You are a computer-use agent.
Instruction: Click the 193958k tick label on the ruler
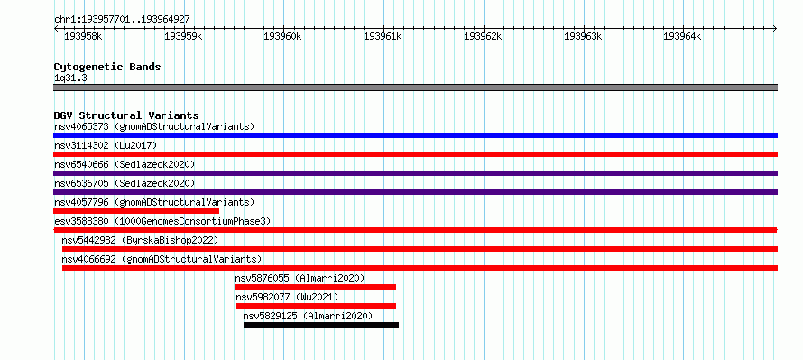point(84,36)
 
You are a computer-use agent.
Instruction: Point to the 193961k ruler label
point(383,36)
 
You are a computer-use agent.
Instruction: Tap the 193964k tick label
point(682,36)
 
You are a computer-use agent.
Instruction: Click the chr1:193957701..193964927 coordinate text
point(122,20)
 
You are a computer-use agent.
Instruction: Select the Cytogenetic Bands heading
point(107,67)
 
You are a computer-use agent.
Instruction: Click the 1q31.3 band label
point(70,78)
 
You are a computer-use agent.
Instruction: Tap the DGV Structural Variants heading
point(126,115)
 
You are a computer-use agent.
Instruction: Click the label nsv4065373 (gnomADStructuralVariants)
point(154,126)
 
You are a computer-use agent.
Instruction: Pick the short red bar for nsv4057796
point(136,211)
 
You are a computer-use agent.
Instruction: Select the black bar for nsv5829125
point(321,325)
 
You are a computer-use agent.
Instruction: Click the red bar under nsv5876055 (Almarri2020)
point(316,287)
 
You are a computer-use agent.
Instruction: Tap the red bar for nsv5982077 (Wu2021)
point(316,306)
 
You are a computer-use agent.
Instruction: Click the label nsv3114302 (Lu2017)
point(106,145)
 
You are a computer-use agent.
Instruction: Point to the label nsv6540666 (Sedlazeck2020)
point(125,164)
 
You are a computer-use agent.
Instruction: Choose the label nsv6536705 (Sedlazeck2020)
point(125,183)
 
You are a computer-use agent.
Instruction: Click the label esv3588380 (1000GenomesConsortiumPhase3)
point(162,221)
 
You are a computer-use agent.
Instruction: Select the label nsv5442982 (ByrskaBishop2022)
point(140,240)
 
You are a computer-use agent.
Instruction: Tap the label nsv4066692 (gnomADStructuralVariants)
point(162,259)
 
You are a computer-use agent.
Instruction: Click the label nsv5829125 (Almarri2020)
point(309,316)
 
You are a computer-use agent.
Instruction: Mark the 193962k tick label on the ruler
point(483,36)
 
